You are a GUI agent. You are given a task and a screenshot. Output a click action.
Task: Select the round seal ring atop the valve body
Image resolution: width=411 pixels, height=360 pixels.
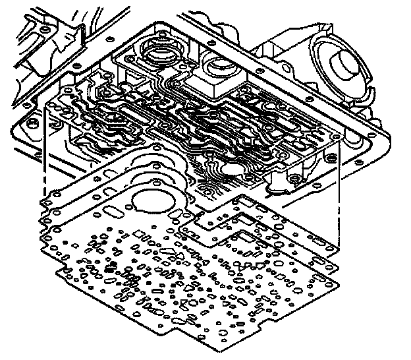[159, 51]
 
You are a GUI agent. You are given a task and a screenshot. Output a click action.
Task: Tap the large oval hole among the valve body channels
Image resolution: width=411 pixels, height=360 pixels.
[234, 170]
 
